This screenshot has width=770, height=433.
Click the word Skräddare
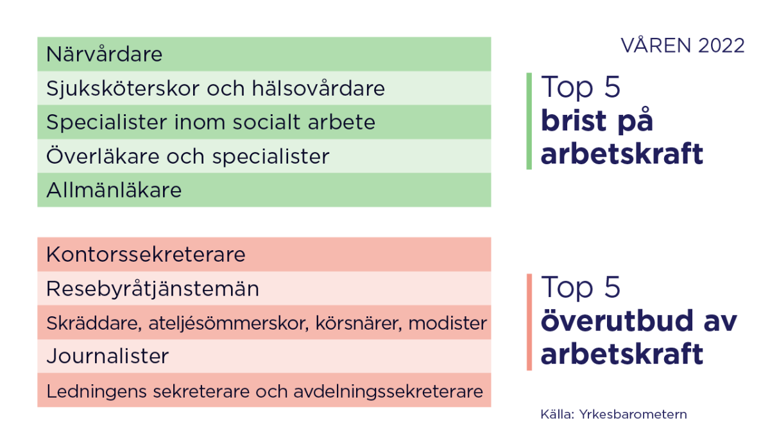pos(90,323)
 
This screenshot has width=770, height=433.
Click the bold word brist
pos(574,121)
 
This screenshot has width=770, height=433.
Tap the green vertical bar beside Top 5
pos(529,121)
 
